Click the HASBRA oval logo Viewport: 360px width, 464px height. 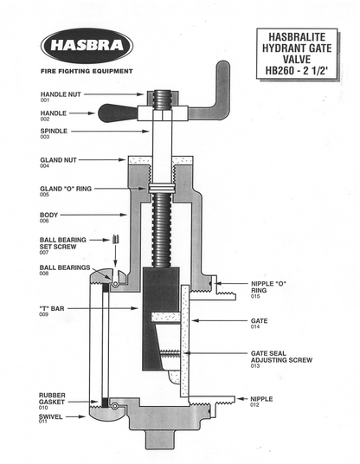86,45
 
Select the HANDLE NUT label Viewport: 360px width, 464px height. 63,93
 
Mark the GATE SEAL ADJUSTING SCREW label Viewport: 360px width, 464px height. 276,359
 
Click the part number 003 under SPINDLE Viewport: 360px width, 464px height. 45,137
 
